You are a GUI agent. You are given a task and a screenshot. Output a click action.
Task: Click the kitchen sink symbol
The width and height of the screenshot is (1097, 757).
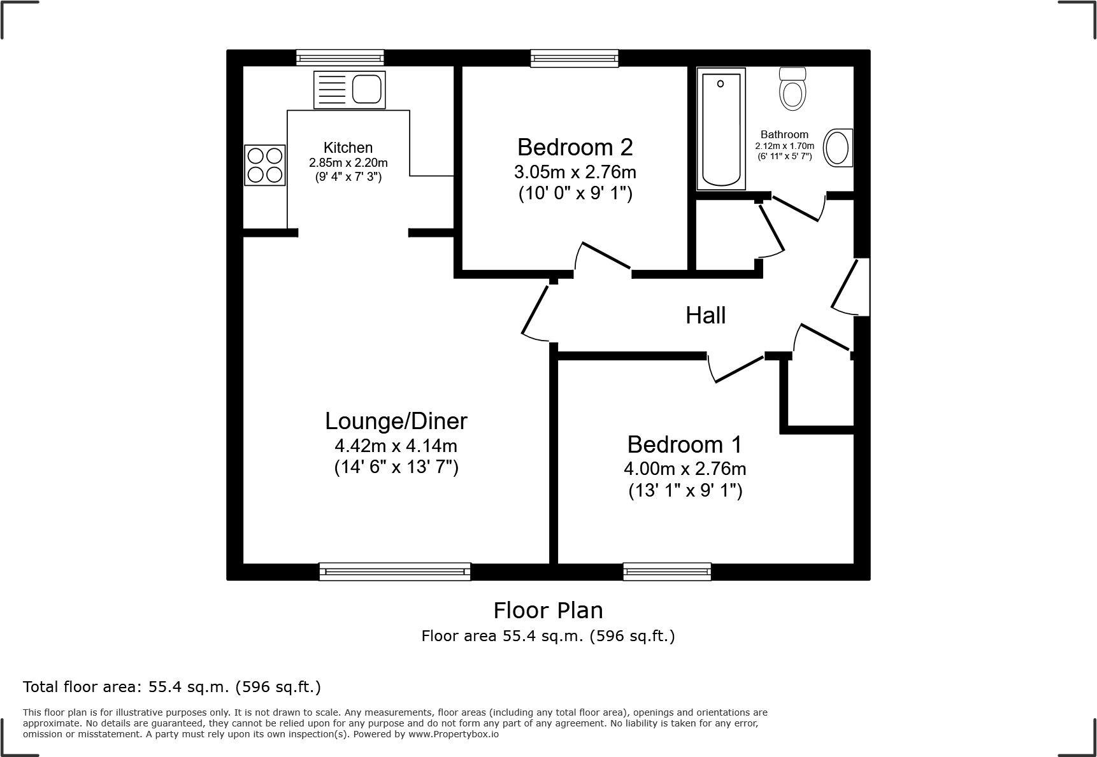349,90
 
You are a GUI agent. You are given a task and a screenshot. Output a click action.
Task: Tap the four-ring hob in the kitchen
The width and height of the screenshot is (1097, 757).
265,166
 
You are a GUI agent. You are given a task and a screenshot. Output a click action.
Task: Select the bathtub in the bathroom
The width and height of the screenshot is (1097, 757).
721,129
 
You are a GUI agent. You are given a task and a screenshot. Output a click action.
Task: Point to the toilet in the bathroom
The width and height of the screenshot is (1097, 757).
792,89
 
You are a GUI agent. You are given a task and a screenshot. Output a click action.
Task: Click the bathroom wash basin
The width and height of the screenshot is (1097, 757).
838,148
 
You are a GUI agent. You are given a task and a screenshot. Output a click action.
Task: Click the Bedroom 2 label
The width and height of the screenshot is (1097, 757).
575,147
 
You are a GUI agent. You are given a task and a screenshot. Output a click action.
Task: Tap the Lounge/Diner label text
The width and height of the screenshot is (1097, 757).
396,421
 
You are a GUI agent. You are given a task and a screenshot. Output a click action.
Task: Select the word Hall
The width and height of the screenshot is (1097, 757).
705,315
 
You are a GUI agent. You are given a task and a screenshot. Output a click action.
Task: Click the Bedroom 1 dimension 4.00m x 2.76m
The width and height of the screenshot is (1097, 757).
684,469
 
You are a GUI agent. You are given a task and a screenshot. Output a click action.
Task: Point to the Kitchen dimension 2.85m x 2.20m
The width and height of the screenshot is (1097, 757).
348,162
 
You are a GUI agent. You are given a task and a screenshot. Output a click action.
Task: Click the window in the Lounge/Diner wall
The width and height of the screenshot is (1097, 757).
395,571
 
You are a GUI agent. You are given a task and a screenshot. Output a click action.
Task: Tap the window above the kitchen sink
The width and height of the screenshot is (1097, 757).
340,58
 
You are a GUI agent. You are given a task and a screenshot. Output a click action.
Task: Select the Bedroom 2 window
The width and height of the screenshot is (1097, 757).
575,58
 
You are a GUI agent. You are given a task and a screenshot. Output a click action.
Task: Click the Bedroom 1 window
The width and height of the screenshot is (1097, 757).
667,571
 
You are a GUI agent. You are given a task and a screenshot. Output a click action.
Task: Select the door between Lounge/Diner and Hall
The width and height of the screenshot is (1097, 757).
535,312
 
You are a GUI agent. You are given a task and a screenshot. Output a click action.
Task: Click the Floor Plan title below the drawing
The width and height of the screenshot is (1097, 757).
548,611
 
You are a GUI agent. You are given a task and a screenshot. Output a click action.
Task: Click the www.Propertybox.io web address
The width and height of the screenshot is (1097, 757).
453,734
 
